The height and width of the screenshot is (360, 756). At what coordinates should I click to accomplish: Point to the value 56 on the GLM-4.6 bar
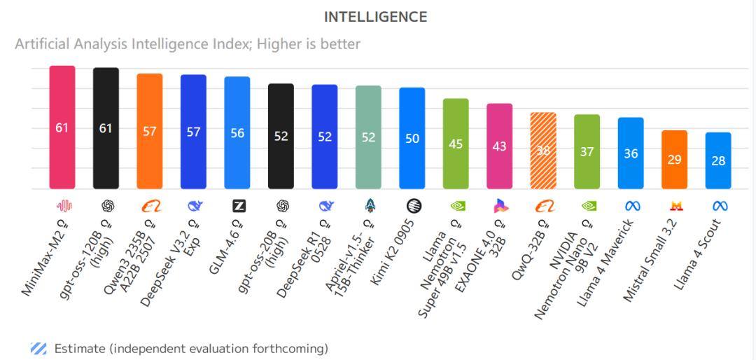[x=237, y=133]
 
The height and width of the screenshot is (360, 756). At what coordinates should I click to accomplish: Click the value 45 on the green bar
[x=456, y=144]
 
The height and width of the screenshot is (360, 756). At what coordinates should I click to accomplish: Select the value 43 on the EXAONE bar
[x=500, y=147]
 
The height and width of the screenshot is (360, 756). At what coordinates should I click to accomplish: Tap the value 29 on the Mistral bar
[x=674, y=160]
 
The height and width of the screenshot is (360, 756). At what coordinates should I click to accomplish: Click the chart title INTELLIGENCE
[x=375, y=18]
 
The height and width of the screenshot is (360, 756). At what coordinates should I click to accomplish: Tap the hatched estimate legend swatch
[x=38, y=348]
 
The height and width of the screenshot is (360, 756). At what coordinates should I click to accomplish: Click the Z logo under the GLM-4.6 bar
[x=239, y=206]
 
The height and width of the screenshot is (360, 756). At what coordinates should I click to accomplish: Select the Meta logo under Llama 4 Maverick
[x=632, y=206]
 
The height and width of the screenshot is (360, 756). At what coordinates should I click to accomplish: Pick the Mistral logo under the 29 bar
[x=676, y=206]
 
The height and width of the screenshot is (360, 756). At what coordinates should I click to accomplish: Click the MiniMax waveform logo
[x=64, y=206]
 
